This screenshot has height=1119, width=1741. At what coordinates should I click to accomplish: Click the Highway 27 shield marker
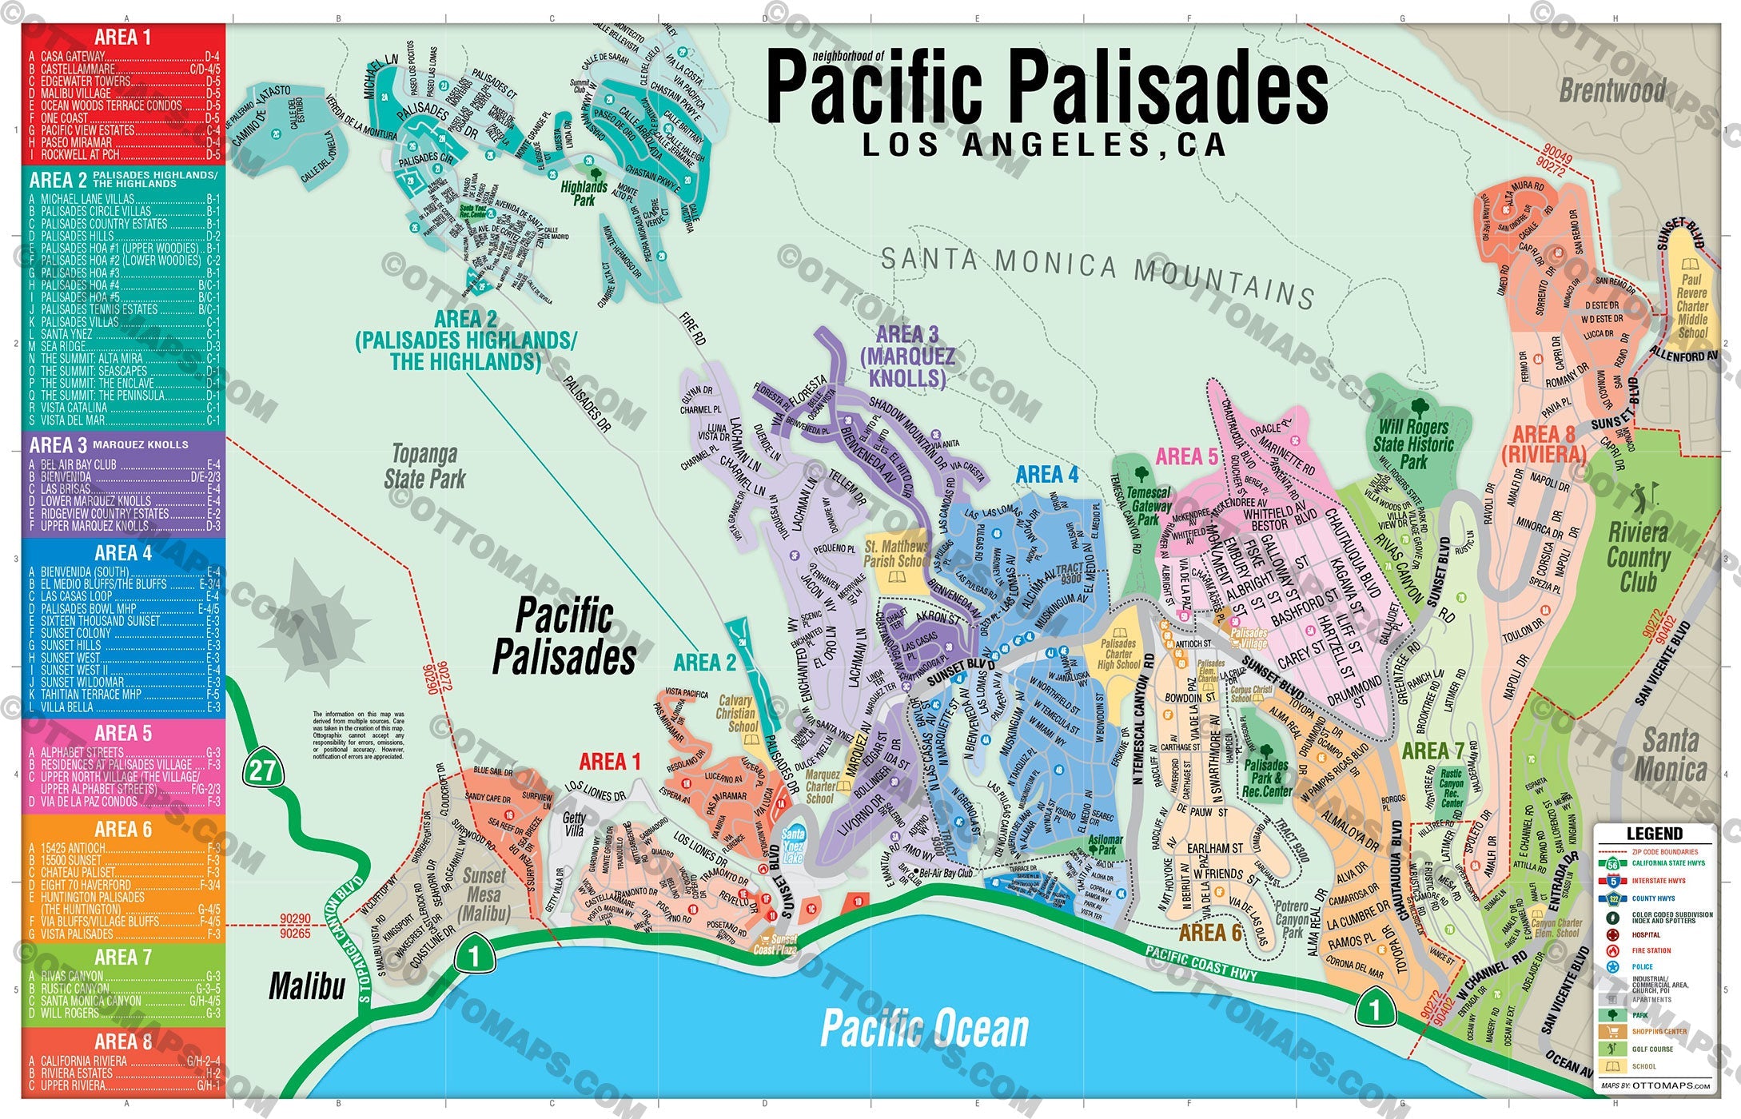pos(262,770)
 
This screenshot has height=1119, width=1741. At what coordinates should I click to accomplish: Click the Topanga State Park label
pos(424,467)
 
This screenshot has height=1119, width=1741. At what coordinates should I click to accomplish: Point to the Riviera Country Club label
pos(1638,557)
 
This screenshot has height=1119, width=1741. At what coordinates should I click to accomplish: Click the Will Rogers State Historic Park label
pos(1413,444)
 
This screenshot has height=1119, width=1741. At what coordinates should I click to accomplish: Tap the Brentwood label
pos(1612,90)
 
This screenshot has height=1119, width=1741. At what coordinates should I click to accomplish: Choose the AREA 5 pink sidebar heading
pos(122,733)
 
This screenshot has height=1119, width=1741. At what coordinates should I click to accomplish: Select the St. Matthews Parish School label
pos(896,553)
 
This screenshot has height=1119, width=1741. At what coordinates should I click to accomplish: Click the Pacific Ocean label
pos(924,1029)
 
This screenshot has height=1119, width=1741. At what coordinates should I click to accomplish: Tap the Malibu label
pos(307,986)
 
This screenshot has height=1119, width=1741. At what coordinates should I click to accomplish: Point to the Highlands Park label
pos(584,193)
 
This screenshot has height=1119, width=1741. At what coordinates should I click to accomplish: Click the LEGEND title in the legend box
pos(1654,834)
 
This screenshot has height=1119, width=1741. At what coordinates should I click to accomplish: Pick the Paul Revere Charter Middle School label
pos(1691,306)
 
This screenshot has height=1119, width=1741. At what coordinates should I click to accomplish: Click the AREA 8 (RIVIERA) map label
pos(1543,444)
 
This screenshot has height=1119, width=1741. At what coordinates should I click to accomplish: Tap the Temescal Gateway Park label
pos(1149,506)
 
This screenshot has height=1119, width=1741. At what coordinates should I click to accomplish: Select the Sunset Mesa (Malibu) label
pos(484,894)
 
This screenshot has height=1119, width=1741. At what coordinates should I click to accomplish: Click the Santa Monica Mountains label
pos(1097,276)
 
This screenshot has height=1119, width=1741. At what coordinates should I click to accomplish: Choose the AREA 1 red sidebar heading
pos(122,37)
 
